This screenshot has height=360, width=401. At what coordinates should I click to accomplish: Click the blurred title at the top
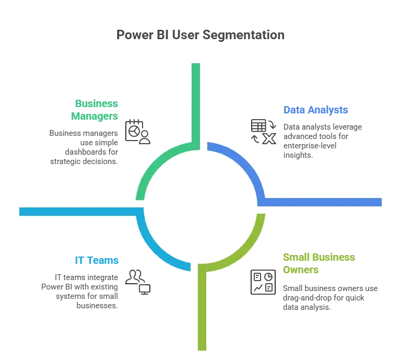200,36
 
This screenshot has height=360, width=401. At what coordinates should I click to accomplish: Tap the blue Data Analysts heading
316,110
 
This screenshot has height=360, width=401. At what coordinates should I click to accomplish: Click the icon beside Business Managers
138,130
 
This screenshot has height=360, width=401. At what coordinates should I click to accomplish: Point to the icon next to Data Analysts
261,131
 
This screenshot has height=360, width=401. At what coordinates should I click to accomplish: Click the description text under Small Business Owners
329,298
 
